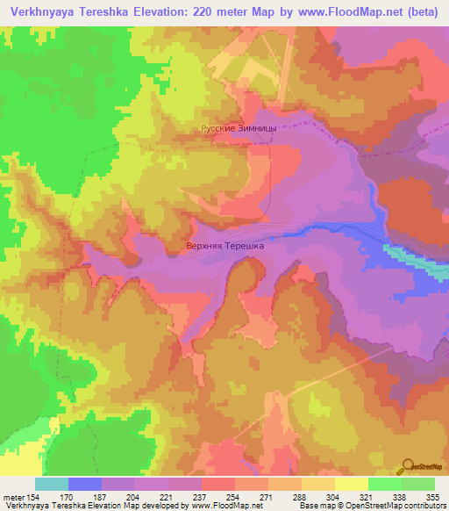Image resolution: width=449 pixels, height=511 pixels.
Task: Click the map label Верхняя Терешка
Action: coord(225,248)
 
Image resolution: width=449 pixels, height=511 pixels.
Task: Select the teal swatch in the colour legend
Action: coord(52,484)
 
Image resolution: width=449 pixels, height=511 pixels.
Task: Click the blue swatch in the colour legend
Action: coord(85,484)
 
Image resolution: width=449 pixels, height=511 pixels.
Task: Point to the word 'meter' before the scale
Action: coord(13,496)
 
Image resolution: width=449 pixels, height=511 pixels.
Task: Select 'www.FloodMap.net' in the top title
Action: coord(327,13)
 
